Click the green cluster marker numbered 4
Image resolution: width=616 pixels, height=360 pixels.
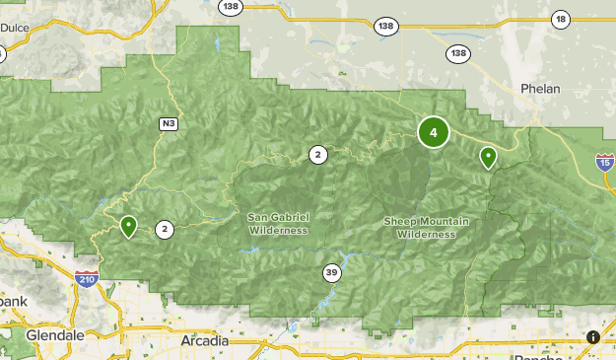coord(433,132)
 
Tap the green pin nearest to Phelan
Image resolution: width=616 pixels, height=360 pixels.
coord(488,156)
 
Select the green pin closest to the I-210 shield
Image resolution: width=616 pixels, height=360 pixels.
coord(128,226)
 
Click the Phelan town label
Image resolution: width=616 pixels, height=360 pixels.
coord(540,89)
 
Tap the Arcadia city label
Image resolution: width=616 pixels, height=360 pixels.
coord(205,340)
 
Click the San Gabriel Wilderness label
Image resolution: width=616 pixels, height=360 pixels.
coord(278,223)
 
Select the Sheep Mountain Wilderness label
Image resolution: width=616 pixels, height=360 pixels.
coord(419,227)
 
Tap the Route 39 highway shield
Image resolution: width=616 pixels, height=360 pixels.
coord(331,272)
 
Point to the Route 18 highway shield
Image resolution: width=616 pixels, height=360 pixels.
coord(561,20)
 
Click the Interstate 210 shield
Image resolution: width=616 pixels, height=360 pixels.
coord(87,281)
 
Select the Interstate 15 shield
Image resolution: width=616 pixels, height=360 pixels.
coord(604,162)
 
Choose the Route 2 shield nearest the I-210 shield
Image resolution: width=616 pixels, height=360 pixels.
coord(165,229)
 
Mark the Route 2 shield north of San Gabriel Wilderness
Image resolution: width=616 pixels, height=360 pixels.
coord(317,154)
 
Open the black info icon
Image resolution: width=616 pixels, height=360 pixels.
coord(592,336)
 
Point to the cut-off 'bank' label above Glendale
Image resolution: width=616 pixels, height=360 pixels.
coord(11,301)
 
